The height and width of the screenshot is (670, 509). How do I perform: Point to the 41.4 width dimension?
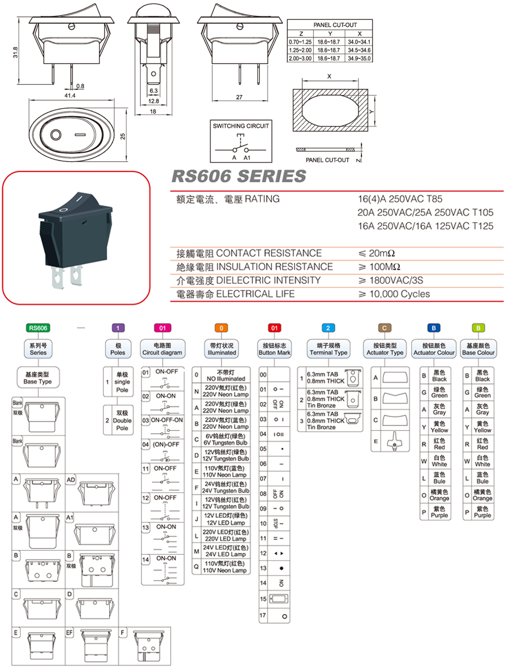(x=70, y=97)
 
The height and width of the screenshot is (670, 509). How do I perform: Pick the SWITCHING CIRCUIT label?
(x=241, y=126)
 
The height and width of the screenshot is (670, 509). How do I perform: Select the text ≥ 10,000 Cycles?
(x=394, y=294)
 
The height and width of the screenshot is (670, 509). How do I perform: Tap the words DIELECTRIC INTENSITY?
(x=269, y=280)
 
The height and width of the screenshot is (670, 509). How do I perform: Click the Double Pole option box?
(x=118, y=420)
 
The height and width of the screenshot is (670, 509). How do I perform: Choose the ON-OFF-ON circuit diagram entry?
(x=167, y=420)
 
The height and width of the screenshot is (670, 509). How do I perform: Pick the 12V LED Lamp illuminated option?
(x=226, y=519)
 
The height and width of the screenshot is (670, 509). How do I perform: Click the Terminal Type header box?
(x=329, y=349)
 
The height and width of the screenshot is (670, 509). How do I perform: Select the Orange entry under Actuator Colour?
(x=439, y=495)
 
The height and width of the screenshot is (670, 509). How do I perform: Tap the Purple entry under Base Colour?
(x=482, y=512)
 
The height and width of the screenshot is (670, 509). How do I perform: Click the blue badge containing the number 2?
(x=329, y=328)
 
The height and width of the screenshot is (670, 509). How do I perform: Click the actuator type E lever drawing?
(x=394, y=441)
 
